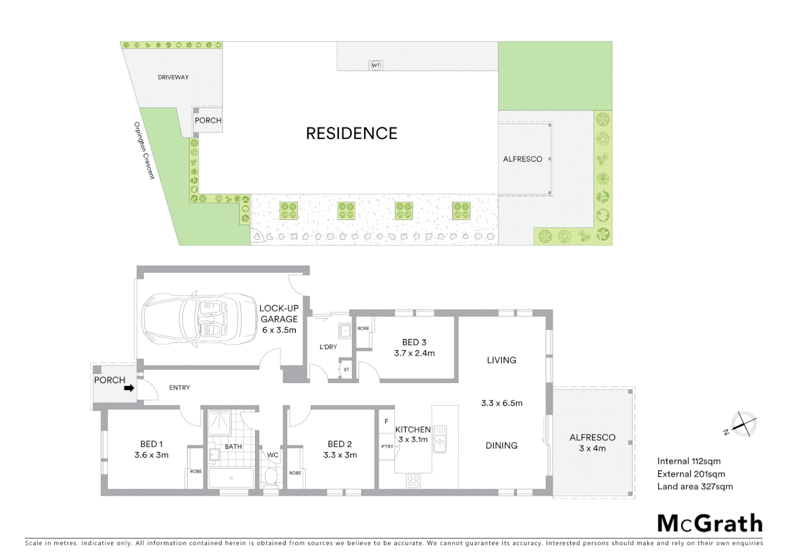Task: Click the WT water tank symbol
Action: (375, 66)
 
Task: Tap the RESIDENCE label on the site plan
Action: (352, 133)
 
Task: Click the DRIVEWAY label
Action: (173, 78)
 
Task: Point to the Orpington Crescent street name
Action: (144, 150)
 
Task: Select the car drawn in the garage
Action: (199, 319)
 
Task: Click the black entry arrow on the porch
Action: (129, 388)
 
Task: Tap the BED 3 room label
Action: (414, 342)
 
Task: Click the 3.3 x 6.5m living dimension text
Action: (501, 403)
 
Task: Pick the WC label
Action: (273, 455)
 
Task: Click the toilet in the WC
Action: (271, 477)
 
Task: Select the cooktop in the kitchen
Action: (413, 481)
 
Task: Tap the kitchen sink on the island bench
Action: (439, 439)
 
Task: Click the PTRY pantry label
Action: (387, 446)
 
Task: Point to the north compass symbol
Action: (744, 424)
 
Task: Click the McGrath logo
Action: (709, 523)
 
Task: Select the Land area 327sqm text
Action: (695, 486)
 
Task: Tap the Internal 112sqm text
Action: (688, 461)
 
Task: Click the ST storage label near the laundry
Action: (346, 369)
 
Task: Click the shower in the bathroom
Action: (219, 423)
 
